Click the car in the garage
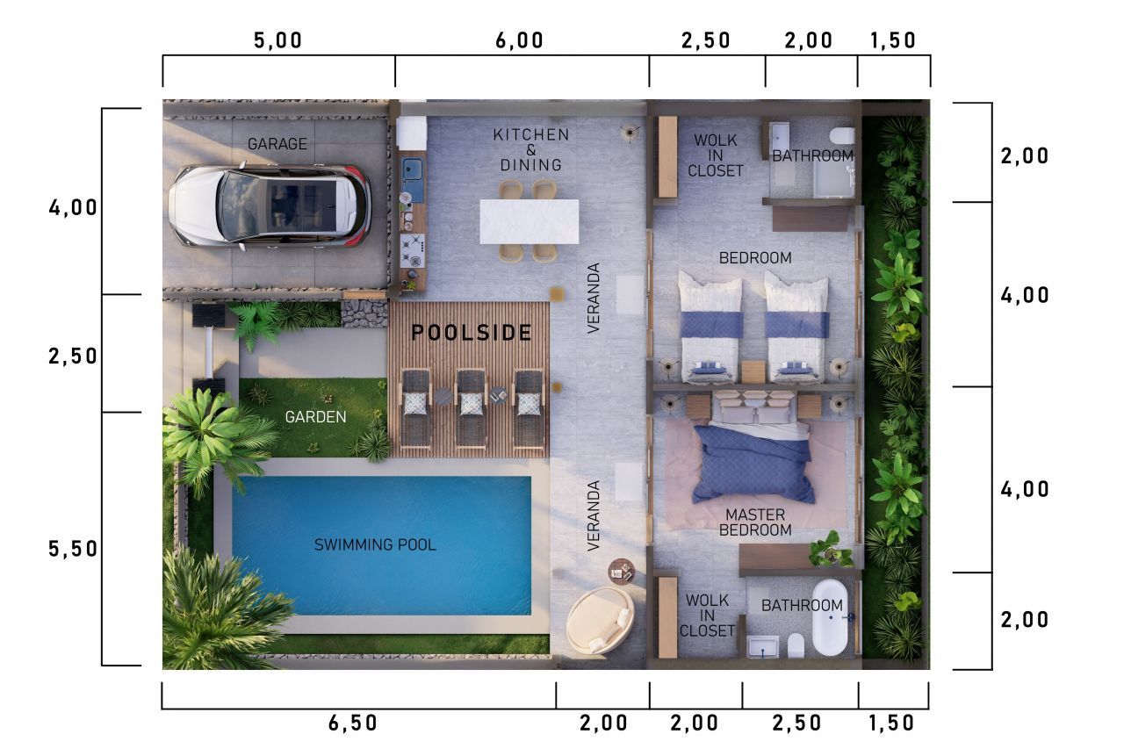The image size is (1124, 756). click(270, 206)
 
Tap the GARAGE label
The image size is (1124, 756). click(277, 145)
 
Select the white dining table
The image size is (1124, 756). click(529, 222)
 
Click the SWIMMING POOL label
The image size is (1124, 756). click(375, 544)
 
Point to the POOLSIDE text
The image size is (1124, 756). click(472, 333)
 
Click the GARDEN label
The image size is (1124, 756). click(315, 417)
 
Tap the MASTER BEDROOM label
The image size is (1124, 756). click(755, 522)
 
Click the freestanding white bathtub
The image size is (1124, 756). click(830, 617)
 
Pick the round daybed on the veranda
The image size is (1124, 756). click(600, 621)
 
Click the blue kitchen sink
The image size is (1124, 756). click(413, 169)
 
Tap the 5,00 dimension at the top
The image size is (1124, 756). click(278, 40)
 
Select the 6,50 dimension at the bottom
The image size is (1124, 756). click(352, 724)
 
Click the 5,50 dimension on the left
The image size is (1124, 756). click(73, 549)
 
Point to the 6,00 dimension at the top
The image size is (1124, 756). click(519, 40)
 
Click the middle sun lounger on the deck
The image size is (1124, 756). click(471, 408)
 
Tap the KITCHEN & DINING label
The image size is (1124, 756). click(531, 149)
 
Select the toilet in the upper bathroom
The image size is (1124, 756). click(842, 135)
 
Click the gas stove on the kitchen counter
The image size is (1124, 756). click(413, 251)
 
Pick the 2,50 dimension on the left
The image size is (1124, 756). click(73, 356)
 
